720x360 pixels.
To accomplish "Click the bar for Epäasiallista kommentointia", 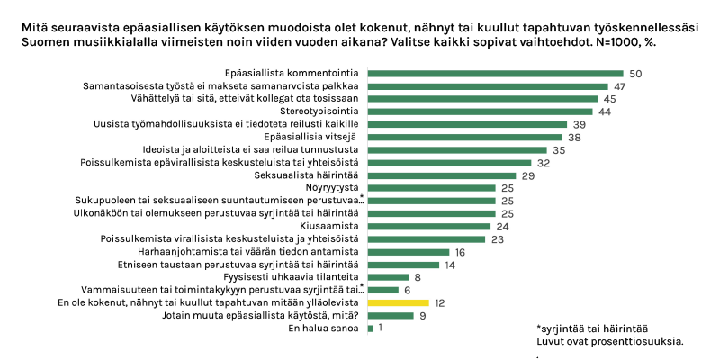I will (x=495, y=73).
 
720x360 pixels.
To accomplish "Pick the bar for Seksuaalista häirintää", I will (x=442, y=175).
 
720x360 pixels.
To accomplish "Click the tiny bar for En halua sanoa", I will (x=370, y=328).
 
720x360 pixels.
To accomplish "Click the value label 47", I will (x=621, y=85).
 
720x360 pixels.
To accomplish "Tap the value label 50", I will (x=634, y=73).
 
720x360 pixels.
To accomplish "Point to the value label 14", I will (x=451, y=265).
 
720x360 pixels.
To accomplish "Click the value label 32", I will (x=543, y=163).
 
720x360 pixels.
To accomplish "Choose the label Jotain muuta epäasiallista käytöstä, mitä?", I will (x=263, y=315).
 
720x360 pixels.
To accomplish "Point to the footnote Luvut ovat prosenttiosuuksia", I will (x=609, y=341).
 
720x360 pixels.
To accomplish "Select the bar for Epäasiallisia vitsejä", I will (x=464, y=137).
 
